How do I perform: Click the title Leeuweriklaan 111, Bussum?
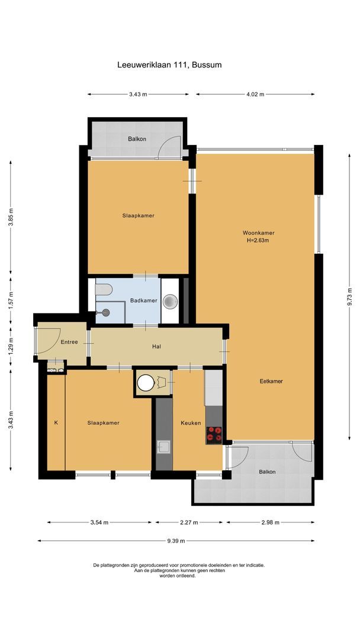coord(169,65)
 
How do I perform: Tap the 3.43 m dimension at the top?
coord(138,94)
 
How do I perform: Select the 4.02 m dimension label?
coord(255,94)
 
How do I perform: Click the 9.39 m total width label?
coord(176,541)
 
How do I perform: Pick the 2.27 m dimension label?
coord(189,522)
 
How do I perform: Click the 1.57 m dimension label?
coord(11,299)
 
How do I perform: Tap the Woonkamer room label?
coord(258,233)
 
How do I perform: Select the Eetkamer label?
coord(271,381)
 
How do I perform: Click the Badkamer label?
coord(144,301)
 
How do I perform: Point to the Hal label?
coord(157,347)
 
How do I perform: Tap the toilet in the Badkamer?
coord(104,290)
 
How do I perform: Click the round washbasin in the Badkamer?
coord(170,302)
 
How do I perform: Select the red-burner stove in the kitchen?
coord(214,435)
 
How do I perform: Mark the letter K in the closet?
coord(56,423)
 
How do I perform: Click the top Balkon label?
coord(137,139)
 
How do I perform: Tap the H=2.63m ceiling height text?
coord(258,241)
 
